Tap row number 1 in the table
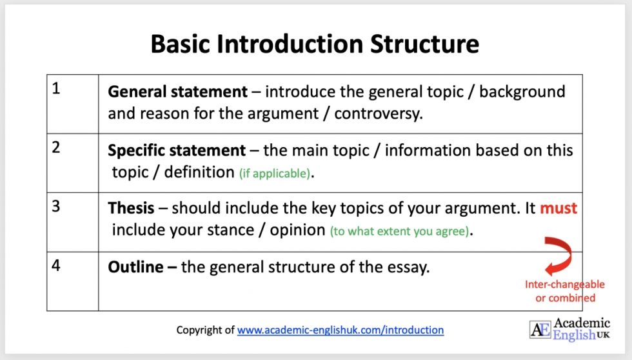tap(56, 89)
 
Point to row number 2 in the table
tap(56, 147)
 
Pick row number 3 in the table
tap(56, 206)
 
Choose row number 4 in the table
tap(56, 265)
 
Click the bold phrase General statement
tap(177, 92)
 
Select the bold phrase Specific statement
tap(177, 150)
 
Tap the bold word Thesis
tap(131, 208)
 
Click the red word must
tap(558, 208)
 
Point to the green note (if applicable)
tap(274, 173)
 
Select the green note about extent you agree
tap(399, 231)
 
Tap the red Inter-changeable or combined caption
tap(565, 291)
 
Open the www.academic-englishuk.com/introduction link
tap(341, 330)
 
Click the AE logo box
tap(540, 329)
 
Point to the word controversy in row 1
tap(381, 114)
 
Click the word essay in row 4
tap(408, 267)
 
